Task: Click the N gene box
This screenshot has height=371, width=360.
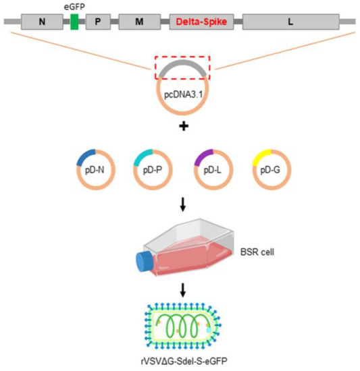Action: pyautogui.click(x=43, y=22)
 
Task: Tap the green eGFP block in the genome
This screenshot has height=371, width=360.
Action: pyautogui.click(x=74, y=22)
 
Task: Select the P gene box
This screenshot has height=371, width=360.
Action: pyautogui.click(x=98, y=22)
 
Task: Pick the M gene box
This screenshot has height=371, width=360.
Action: pyautogui.click(x=139, y=22)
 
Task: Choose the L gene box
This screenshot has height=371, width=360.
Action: pyautogui.click(x=290, y=22)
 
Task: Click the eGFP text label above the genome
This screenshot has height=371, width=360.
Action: pyautogui.click(x=74, y=6)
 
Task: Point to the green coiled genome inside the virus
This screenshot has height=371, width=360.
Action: pyautogui.click(x=181, y=326)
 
